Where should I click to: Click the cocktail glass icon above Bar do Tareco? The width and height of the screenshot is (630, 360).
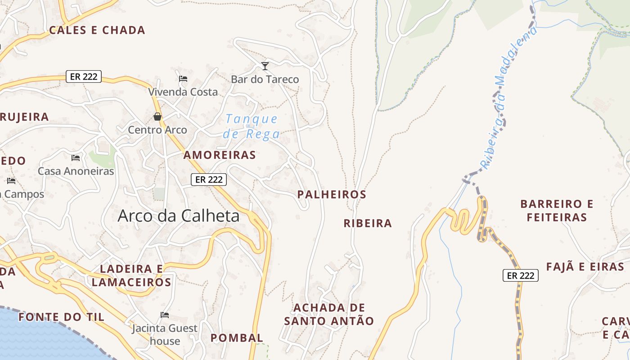click(265, 66)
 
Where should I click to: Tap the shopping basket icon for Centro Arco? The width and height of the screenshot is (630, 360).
click(157, 117)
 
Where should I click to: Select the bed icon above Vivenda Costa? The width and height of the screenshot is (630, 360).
click(183, 78)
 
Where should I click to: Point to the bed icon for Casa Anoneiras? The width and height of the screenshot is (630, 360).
click(76, 158)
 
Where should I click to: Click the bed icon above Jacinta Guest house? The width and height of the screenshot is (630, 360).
click(165, 315)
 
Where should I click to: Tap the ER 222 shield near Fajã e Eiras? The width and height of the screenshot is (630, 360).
click(520, 275)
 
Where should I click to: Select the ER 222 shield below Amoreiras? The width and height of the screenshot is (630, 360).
click(209, 180)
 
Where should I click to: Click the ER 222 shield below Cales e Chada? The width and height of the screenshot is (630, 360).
click(84, 76)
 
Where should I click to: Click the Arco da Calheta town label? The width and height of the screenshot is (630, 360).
click(179, 216)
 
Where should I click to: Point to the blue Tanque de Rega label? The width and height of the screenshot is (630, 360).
click(252, 126)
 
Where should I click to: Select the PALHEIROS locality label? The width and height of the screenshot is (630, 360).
click(332, 194)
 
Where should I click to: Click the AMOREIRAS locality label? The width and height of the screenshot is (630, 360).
click(220, 155)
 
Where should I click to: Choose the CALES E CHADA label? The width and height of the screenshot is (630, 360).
click(97, 30)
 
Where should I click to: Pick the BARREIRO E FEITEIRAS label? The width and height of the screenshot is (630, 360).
click(557, 211)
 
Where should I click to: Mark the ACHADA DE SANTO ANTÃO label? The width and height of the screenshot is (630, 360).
click(329, 314)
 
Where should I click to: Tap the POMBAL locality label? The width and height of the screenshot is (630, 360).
click(237, 337)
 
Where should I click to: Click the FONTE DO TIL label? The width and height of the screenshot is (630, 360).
click(61, 317)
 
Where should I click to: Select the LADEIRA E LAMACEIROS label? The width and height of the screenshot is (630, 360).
click(131, 275)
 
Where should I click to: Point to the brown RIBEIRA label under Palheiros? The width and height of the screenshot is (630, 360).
click(368, 223)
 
